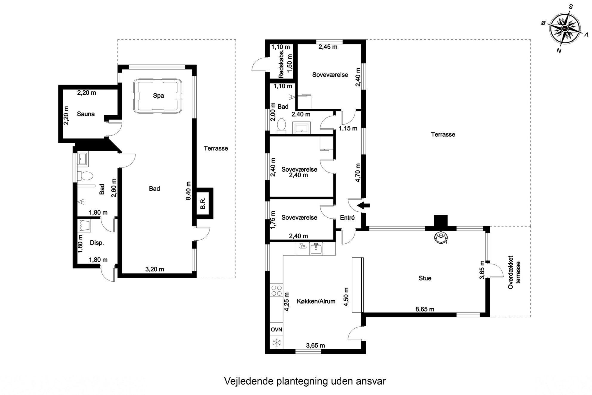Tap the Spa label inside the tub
tap(158, 96)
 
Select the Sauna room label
tap(86, 114)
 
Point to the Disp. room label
tap(97, 243)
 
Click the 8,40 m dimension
tap(188, 191)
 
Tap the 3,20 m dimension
tap(155, 269)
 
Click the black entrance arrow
tap(363, 205)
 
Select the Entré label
tap(347, 218)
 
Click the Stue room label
tap(425, 278)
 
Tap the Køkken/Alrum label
tap(316, 301)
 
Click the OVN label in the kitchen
tap(276, 330)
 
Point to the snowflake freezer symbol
tap(277, 343)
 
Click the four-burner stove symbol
tap(276, 291)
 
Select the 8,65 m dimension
tap(425, 309)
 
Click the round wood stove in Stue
tap(441, 237)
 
